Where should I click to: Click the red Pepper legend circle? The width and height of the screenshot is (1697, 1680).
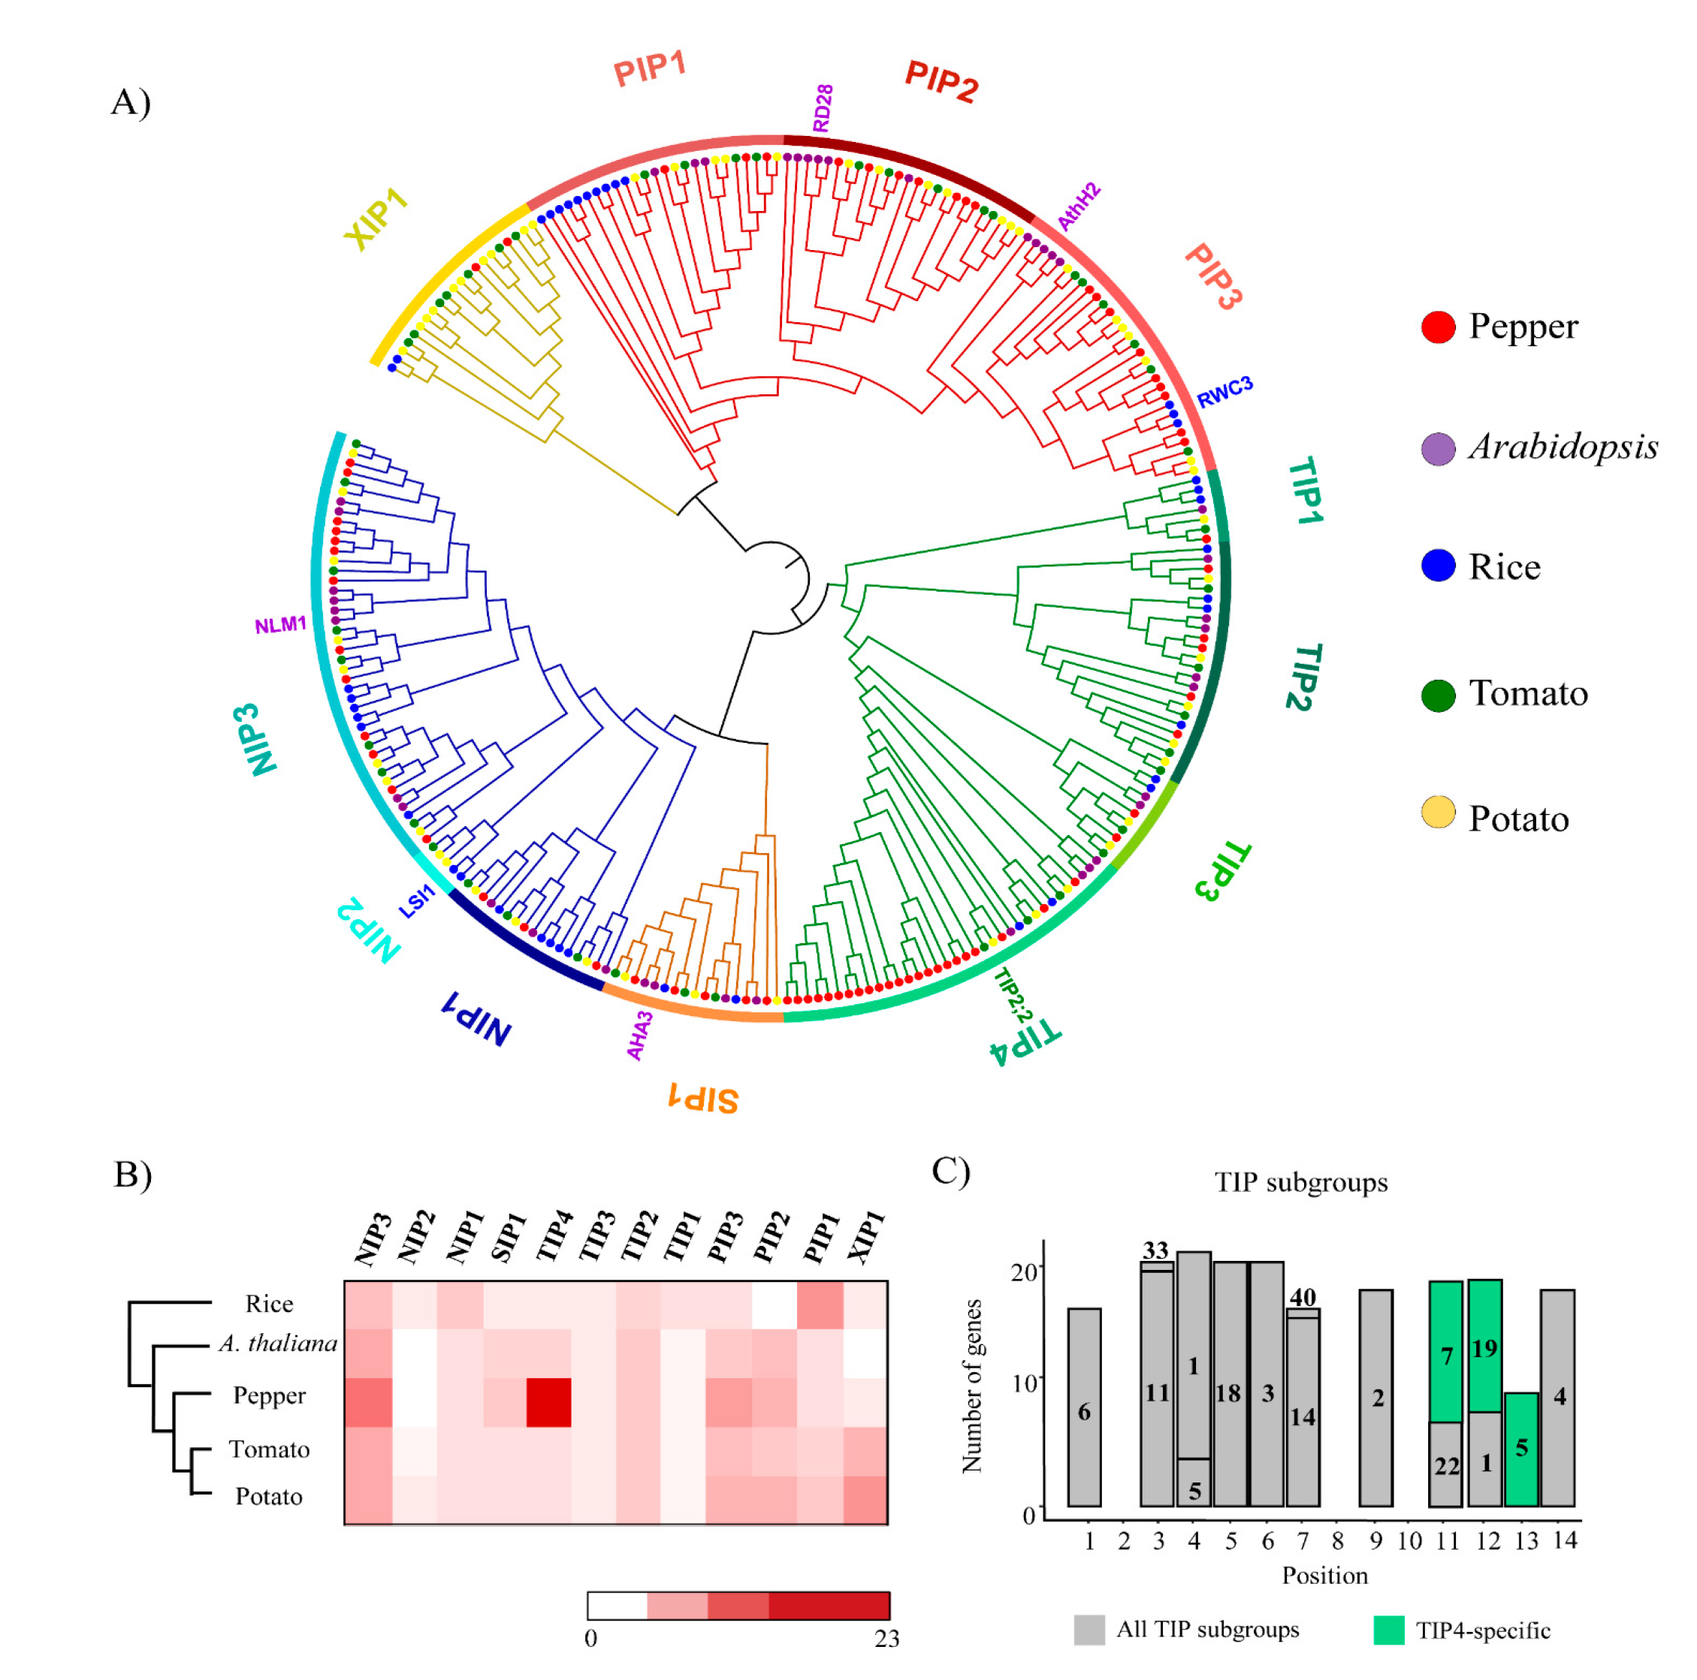click(x=1437, y=327)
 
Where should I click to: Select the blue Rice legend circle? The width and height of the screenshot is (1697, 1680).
click(x=1437, y=566)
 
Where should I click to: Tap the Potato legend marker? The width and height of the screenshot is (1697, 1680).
click(x=1437, y=813)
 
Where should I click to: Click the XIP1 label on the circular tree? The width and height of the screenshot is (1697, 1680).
click(x=377, y=219)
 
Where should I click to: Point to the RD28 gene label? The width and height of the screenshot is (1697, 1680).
click(x=822, y=108)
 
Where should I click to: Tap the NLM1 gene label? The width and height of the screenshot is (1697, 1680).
click(x=280, y=626)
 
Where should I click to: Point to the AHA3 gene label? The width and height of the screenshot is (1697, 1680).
click(x=639, y=1036)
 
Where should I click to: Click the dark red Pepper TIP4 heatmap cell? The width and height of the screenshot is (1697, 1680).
click(x=548, y=1401)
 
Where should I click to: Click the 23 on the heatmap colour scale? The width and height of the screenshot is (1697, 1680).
click(x=886, y=1638)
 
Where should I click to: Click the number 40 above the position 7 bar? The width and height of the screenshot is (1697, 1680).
click(x=1303, y=1297)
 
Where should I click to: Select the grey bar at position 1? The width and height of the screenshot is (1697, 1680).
click(x=1084, y=1407)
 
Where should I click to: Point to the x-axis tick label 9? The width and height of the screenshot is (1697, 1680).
click(x=1375, y=1540)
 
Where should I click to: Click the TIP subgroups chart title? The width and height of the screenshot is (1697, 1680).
click(x=1301, y=1182)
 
